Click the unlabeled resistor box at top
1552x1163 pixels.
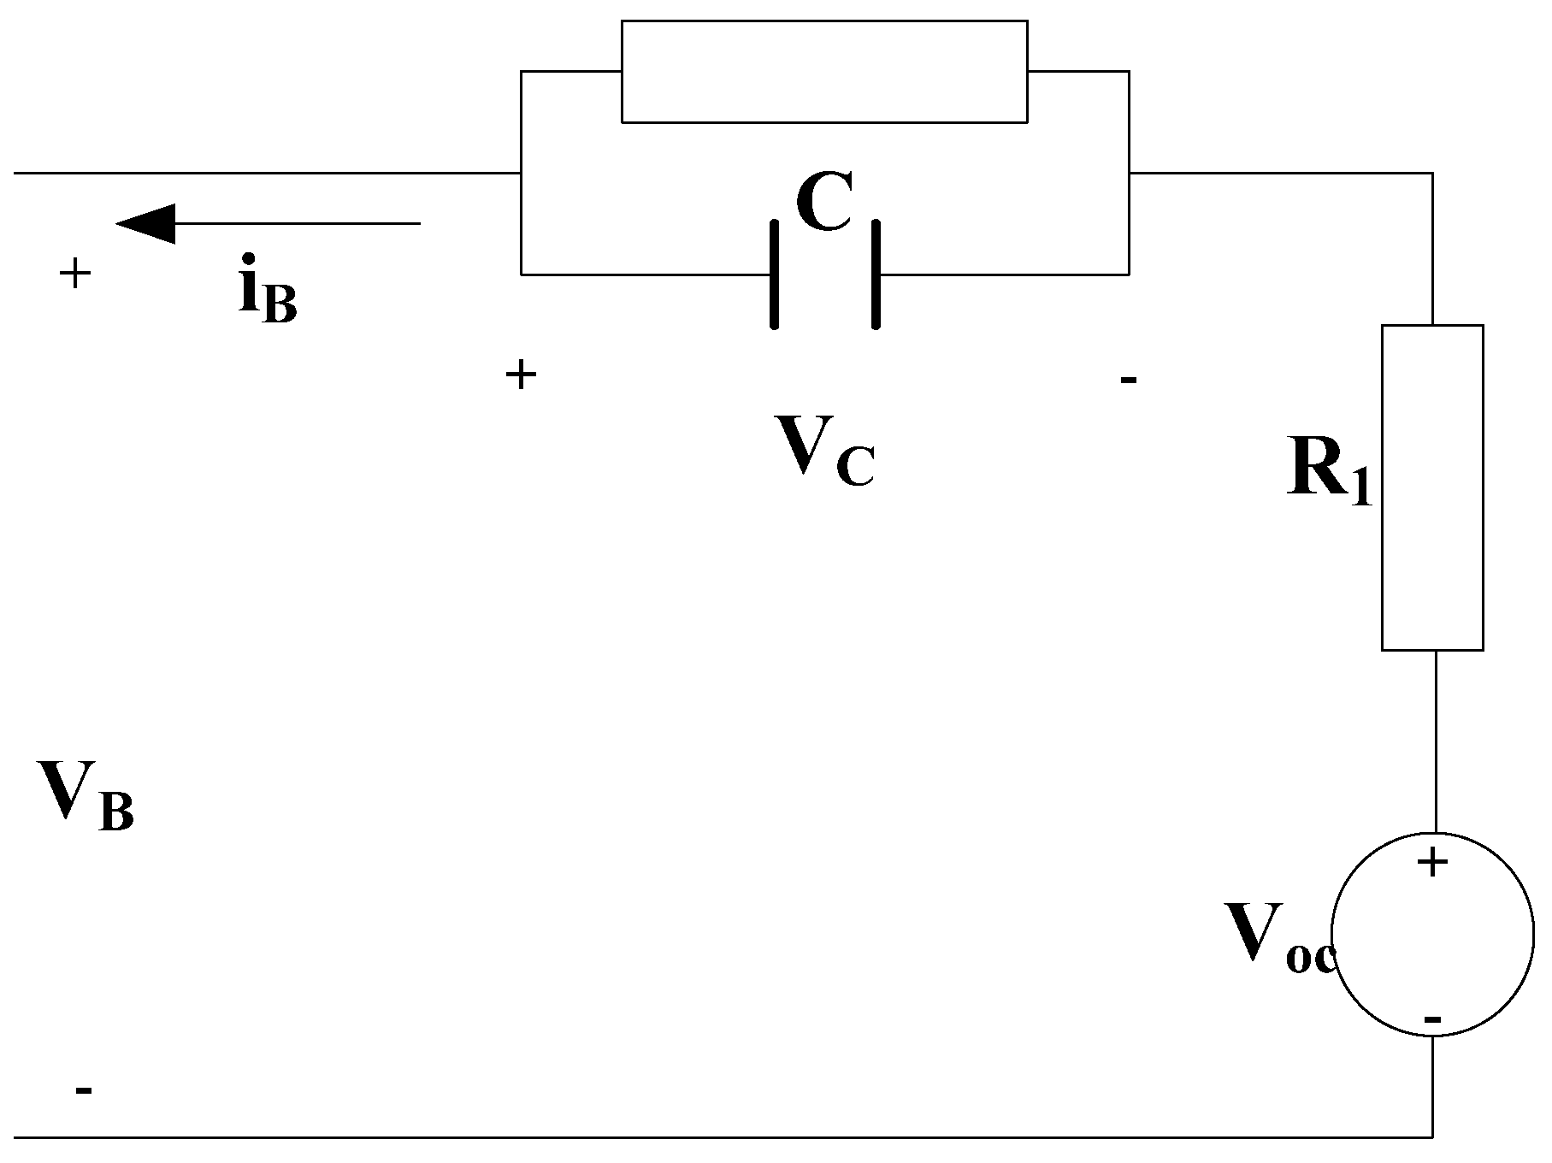823,72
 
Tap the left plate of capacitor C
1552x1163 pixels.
774,275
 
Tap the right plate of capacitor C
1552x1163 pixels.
876,275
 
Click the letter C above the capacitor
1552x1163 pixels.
824,204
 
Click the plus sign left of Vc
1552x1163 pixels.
521,375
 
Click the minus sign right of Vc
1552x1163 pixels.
1128,379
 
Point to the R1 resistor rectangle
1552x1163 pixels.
1432,487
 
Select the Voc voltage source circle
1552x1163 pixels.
1433,935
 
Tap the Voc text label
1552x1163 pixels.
1279,939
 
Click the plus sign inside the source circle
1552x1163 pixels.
1432,863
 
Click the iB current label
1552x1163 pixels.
268,288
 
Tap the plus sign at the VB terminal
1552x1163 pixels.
74,275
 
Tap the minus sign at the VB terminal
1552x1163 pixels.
83,1090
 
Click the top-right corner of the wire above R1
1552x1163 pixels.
1432,174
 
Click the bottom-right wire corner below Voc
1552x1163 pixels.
1432,1137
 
